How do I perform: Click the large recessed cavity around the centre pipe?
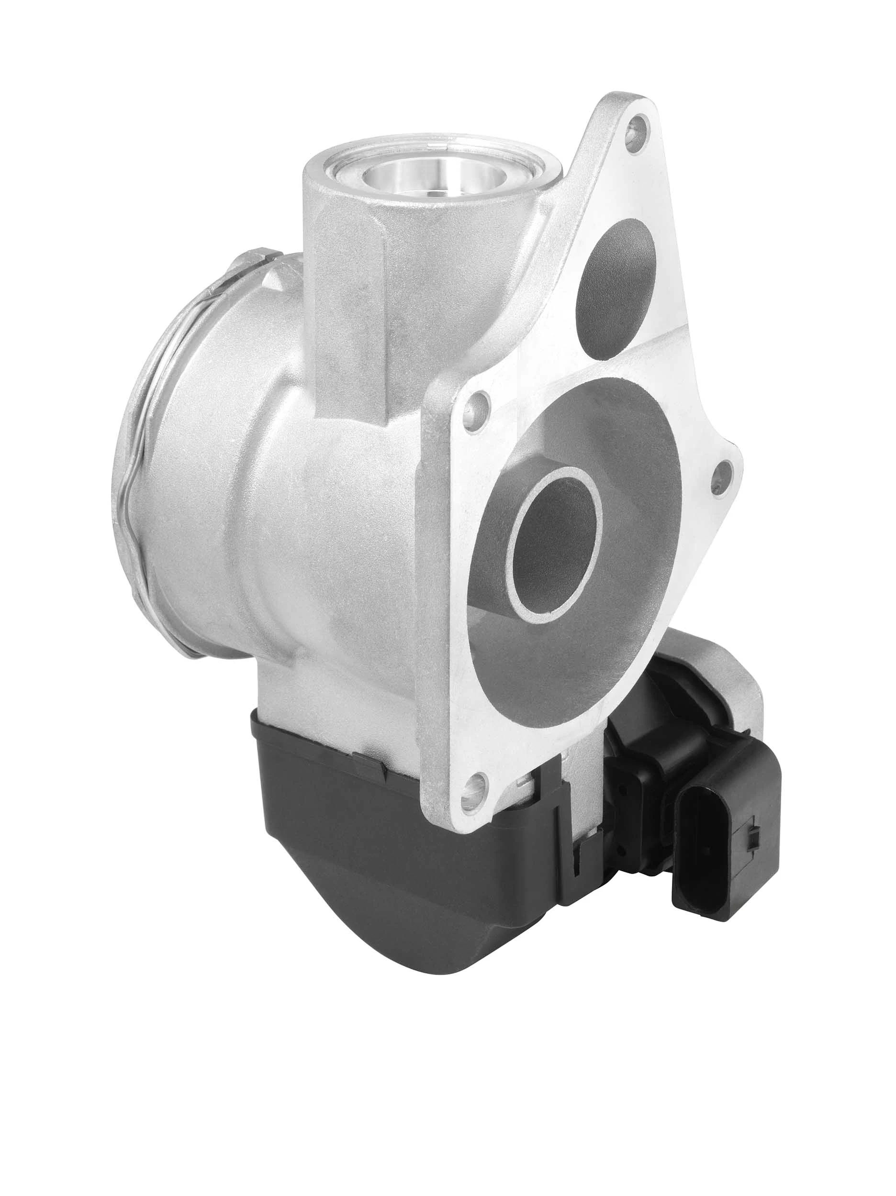(622, 638)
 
